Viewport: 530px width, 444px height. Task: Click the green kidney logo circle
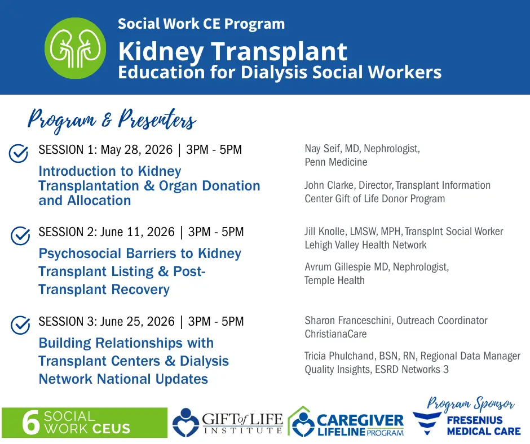tap(75, 48)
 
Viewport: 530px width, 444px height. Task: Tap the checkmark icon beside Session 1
tap(19, 153)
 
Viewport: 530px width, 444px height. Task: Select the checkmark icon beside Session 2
tap(20, 236)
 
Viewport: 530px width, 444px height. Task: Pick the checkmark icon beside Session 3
tap(20, 325)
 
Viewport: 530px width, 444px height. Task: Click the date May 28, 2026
tap(136, 150)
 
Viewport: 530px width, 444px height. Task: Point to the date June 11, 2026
tap(138, 232)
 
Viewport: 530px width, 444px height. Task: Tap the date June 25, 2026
tap(138, 321)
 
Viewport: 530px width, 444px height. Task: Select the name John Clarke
tap(329, 185)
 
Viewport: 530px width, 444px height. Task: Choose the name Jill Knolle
tap(325, 232)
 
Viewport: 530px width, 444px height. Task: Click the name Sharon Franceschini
tap(348, 321)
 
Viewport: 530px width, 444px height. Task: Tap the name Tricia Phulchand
tap(339, 356)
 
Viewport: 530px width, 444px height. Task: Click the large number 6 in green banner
tap(31, 423)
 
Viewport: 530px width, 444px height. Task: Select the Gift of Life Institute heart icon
tap(185, 423)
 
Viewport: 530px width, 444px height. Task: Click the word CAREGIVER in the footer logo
tap(360, 421)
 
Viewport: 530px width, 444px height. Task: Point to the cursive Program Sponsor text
tap(470, 403)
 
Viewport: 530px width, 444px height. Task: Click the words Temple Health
tap(334, 281)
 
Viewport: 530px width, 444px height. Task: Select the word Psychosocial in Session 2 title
tap(79, 254)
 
